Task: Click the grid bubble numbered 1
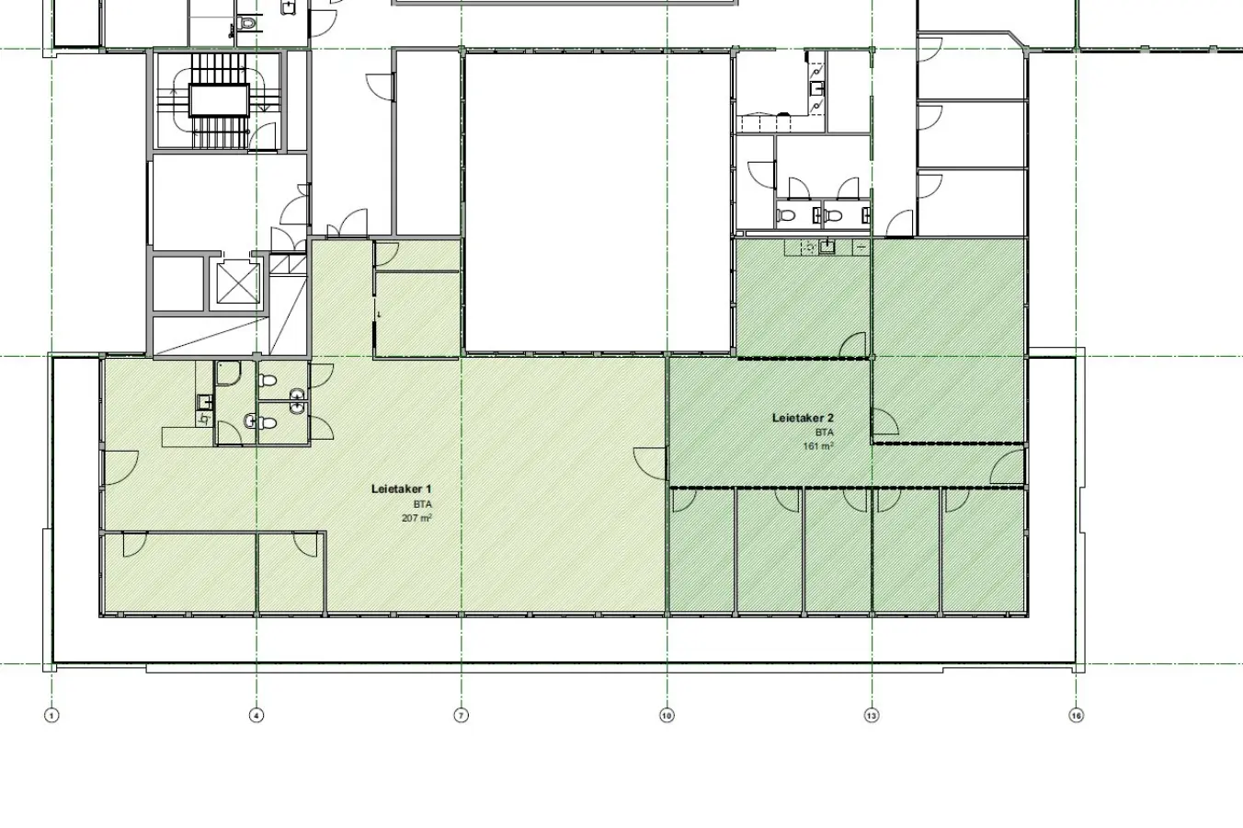pos(51,715)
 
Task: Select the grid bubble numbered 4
pos(257,715)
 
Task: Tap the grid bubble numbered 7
pos(462,715)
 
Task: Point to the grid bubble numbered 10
pos(667,715)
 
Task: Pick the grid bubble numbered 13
pos(872,715)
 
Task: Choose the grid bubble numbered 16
pos(1077,715)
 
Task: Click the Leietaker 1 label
pos(401,489)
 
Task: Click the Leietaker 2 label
pos(803,419)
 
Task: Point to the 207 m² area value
pos(416,518)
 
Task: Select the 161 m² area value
pos(818,446)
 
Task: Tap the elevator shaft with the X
pos(238,283)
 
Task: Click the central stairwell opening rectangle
pos(219,100)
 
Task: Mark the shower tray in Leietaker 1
pos(227,374)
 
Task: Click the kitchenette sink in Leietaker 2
pos(827,247)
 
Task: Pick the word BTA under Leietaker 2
pos(825,432)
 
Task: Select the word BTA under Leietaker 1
pos(422,504)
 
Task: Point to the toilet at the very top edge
pos(247,23)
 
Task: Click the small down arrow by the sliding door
pos(379,315)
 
